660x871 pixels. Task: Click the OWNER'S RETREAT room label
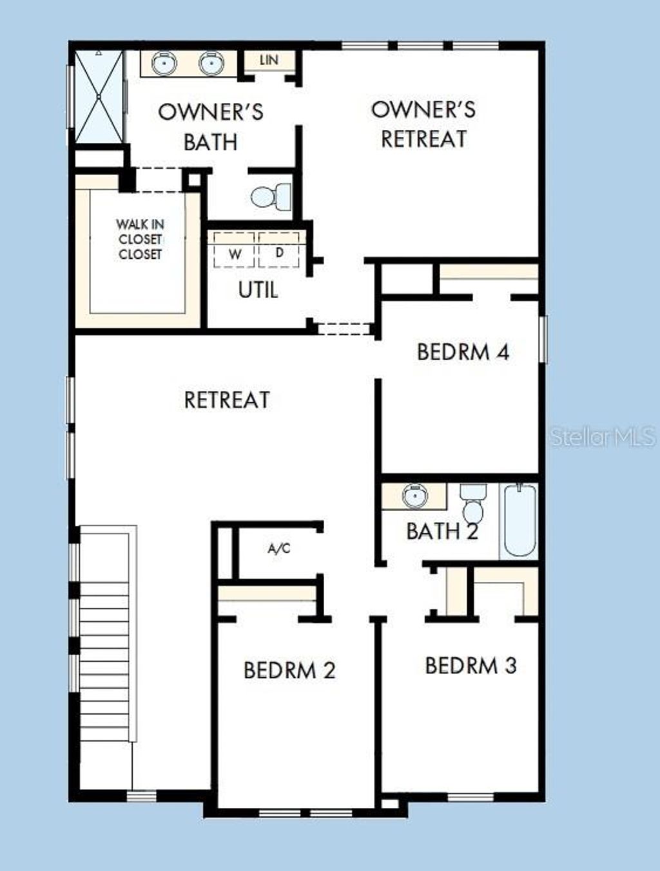coord(423,124)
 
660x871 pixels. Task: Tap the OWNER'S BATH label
coord(211,127)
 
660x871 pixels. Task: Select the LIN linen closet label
coord(269,60)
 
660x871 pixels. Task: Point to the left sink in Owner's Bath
coord(164,63)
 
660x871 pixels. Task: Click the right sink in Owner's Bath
coord(211,63)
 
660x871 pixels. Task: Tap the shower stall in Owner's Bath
coord(99,96)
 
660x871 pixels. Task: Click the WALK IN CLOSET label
coord(140,239)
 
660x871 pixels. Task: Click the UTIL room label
coord(258,290)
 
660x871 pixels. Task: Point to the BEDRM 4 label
coord(463,352)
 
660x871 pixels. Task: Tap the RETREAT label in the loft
coord(227,400)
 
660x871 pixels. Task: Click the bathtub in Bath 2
coord(519,520)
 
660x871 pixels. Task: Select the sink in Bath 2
coord(414,496)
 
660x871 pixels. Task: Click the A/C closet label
coord(278,548)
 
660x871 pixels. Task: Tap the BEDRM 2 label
coord(289,670)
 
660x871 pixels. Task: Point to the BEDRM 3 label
coord(471,665)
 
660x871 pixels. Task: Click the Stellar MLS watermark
coord(603,437)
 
